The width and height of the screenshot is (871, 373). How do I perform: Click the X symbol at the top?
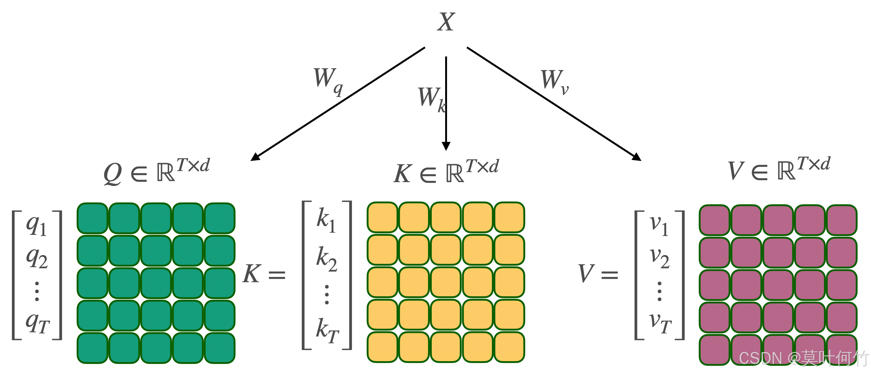click(x=446, y=22)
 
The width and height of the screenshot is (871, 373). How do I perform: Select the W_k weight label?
click(x=431, y=99)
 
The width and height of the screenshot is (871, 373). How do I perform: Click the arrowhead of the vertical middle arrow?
click(x=446, y=146)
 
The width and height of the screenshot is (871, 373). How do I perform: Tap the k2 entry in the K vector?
click(x=326, y=259)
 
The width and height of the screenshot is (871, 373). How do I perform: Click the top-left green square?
click(x=92, y=218)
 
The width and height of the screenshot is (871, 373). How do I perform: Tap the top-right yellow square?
click(x=509, y=217)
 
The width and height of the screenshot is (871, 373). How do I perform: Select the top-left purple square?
click(x=714, y=220)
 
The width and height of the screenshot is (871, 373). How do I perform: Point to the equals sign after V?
click(x=610, y=274)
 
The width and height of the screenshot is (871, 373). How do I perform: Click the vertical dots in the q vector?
click(x=37, y=291)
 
